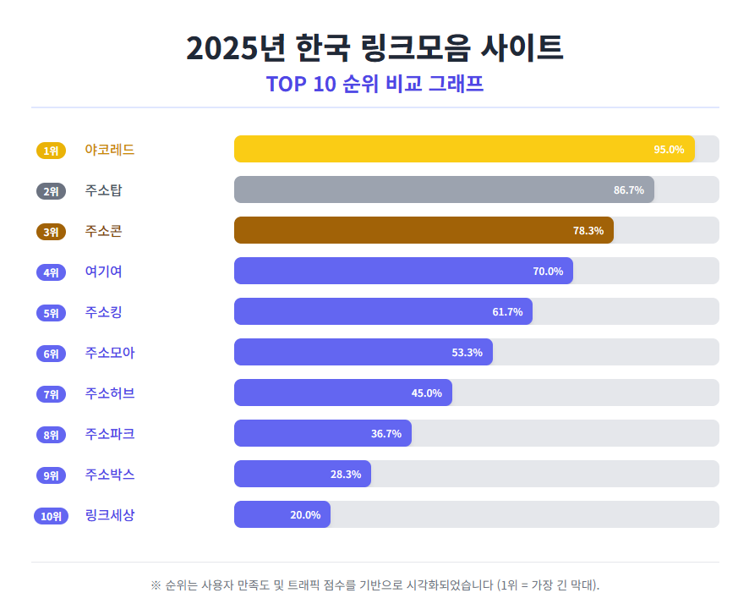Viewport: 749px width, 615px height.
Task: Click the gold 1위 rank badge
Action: tap(51, 151)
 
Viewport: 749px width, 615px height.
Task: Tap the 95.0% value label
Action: tap(668, 150)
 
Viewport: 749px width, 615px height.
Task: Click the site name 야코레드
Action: tap(110, 150)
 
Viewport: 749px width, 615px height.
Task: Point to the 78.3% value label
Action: tap(588, 231)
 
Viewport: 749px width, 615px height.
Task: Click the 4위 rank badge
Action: tap(51, 272)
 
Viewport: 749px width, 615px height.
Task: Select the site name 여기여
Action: tap(104, 272)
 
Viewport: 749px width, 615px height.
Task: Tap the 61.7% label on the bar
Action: tap(507, 312)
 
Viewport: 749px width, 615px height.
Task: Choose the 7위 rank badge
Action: tap(51, 394)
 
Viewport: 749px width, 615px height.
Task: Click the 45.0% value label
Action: tap(426, 393)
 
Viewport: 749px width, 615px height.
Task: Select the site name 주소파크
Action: tap(110, 434)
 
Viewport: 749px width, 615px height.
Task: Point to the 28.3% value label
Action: tap(345, 475)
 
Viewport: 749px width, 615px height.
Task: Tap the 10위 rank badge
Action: tap(51, 516)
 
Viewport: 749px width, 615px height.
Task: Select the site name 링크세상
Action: tap(110, 515)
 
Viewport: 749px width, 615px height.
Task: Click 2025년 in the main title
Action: tap(235, 48)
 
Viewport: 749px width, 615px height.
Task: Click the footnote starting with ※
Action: tap(374, 585)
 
